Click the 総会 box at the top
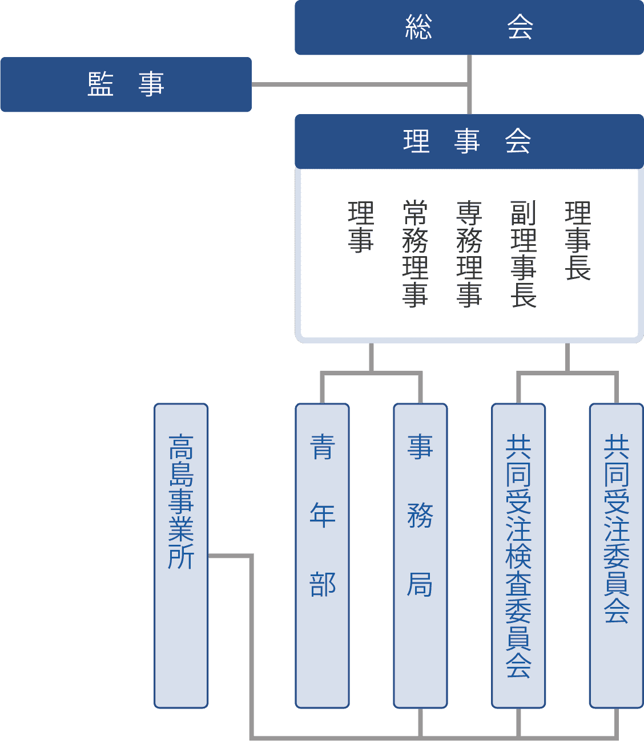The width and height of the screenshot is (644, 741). pyautogui.click(x=469, y=27)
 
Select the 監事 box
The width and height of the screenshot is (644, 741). pyautogui.click(x=126, y=84)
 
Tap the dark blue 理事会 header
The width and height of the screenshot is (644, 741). pyautogui.click(x=469, y=141)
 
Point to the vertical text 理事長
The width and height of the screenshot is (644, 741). pyautogui.click(x=577, y=241)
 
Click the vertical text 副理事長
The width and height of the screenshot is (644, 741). pyautogui.click(x=523, y=254)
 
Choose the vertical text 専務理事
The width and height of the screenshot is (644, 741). pyautogui.click(x=469, y=254)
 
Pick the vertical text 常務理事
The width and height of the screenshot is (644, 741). pyautogui.click(x=415, y=254)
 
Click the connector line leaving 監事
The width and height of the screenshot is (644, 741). pyautogui.click(x=360, y=84)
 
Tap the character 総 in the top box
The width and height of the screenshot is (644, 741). pyautogui.click(x=418, y=27)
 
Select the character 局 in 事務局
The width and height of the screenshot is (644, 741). pyautogui.click(x=420, y=584)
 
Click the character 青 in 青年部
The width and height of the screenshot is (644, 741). pyautogui.click(x=322, y=447)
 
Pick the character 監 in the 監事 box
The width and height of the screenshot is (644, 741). pyautogui.click(x=100, y=84)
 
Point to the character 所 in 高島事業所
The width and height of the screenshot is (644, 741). pyautogui.click(x=181, y=557)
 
